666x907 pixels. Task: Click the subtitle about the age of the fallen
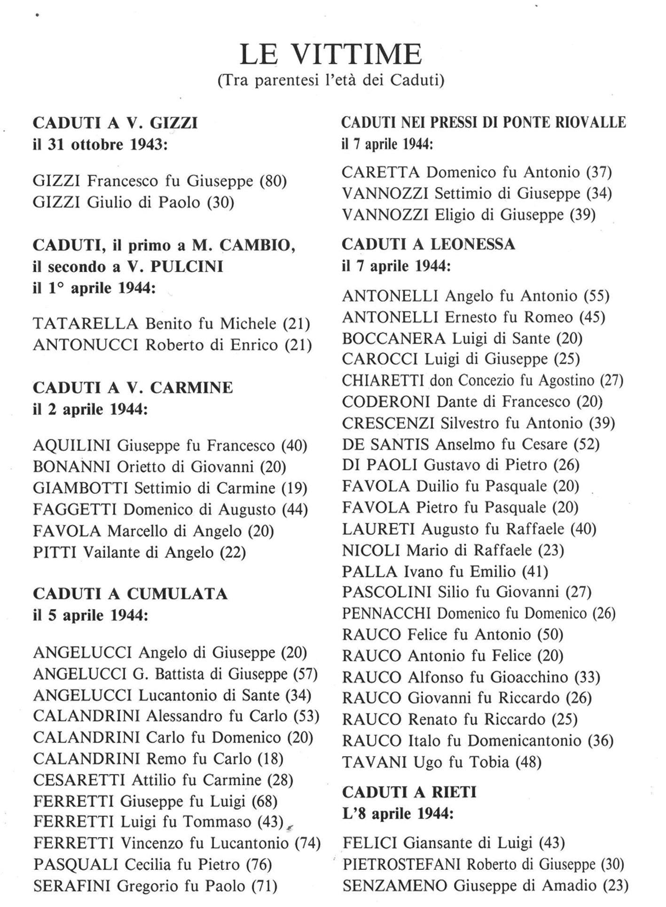[331, 81]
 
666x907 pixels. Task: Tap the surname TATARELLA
[86, 324]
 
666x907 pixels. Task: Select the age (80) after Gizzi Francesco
[274, 181]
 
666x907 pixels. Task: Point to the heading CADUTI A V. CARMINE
[133, 388]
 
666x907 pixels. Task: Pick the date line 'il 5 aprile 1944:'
[90, 615]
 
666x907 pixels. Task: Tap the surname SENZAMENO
[395, 886]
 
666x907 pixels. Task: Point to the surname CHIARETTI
[383, 380]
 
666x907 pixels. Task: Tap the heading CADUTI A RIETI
[409, 792]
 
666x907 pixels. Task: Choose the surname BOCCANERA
[393, 338]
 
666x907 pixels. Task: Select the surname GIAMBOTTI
[80, 488]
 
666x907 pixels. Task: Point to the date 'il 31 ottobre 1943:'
[100, 144]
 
